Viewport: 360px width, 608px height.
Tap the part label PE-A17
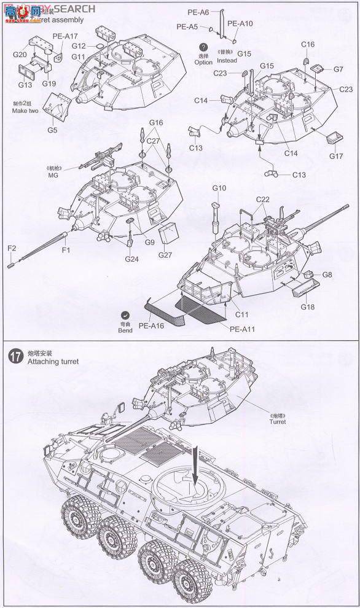[65, 36]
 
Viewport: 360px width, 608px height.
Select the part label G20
[18, 55]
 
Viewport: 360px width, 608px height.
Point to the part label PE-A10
[240, 23]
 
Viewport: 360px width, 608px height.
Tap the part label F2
[11, 248]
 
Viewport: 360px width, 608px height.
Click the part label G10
[219, 188]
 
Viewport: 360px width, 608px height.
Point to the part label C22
[263, 199]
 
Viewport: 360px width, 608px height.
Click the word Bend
[125, 330]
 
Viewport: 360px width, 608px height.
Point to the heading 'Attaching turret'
[54, 362]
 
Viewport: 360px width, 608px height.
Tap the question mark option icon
[203, 47]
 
